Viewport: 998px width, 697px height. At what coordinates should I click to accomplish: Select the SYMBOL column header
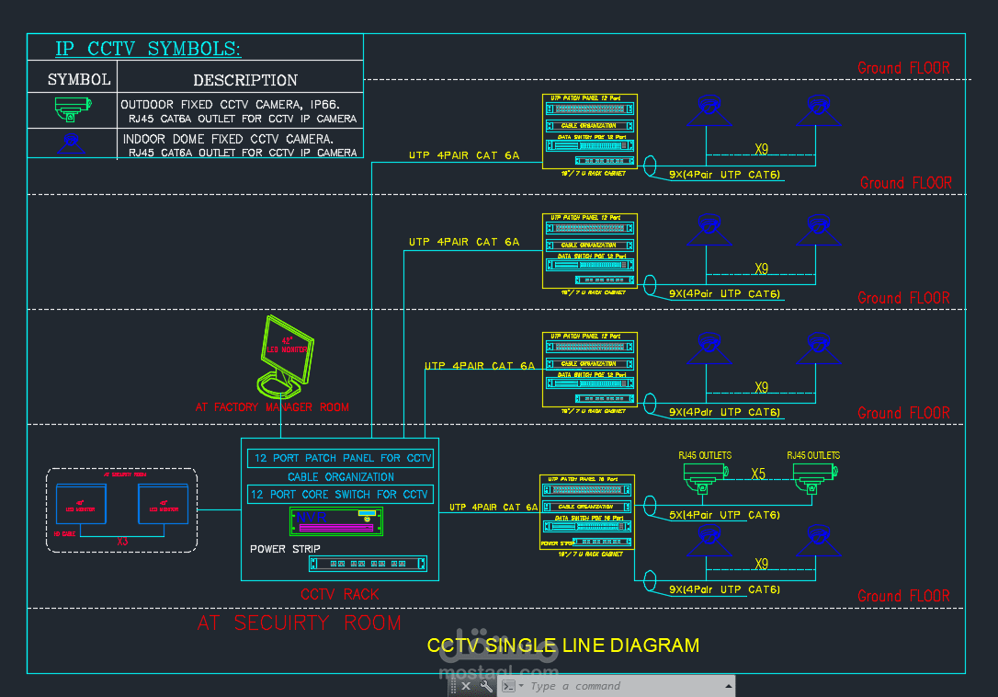(79, 80)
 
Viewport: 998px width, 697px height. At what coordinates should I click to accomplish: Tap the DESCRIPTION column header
(245, 81)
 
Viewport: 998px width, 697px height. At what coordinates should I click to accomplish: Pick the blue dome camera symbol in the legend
(72, 143)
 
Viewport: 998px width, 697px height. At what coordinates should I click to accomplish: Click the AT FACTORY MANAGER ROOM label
(272, 406)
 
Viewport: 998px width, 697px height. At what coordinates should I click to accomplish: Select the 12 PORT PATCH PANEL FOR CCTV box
(341, 458)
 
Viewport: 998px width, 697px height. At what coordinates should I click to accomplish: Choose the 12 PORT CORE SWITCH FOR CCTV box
(339, 495)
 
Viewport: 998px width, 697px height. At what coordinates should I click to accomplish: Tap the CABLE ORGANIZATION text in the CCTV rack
(340, 477)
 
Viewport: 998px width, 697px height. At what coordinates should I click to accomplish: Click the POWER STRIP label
(285, 549)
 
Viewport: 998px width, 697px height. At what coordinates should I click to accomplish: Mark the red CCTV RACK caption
(339, 595)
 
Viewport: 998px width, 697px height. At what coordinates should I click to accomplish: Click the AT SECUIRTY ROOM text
(300, 623)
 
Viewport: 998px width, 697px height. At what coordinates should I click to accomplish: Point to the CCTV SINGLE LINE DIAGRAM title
(562, 646)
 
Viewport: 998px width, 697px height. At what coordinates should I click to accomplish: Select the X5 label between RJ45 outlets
(758, 474)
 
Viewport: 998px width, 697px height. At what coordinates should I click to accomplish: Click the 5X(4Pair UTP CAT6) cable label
(724, 515)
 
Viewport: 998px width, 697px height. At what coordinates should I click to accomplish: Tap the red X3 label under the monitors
(123, 542)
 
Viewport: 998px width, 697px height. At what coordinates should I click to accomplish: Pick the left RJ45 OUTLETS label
(705, 455)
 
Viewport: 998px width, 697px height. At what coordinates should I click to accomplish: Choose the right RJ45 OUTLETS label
(813, 455)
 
